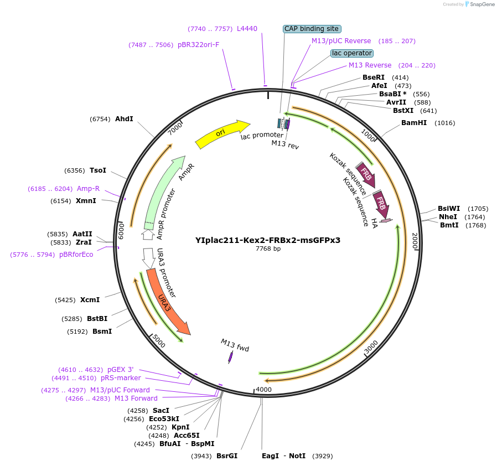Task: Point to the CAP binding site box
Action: point(312,29)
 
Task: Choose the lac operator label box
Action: point(352,53)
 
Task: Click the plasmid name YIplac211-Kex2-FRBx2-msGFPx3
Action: point(268,240)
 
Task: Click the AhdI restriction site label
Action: point(124,118)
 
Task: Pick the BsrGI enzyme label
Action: point(227,456)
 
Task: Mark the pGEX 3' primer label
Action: point(120,370)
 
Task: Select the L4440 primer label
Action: point(247,28)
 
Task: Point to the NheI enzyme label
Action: point(448,217)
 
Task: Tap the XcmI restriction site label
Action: point(90,300)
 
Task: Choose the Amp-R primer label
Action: point(88,189)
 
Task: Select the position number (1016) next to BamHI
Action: point(445,123)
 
